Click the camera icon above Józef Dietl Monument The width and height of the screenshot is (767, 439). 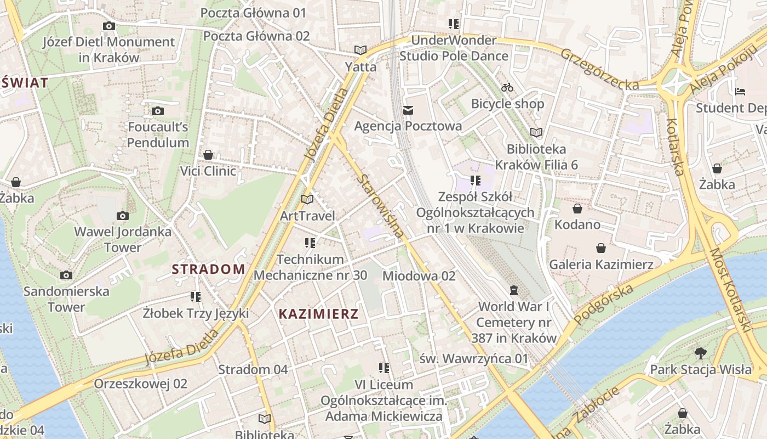click(x=108, y=26)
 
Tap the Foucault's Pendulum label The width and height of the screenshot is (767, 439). click(x=158, y=135)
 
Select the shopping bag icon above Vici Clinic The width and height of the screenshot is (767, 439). click(x=208, y=155)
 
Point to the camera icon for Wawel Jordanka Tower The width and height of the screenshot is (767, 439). click(x=123, y=216)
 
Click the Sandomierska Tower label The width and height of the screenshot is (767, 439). click(x=66, y=299)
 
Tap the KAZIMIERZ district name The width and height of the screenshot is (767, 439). click(x=318, y=314)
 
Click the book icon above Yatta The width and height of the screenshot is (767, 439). click(x=360, y=50)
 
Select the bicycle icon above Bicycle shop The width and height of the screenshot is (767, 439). click(x=507, y=87)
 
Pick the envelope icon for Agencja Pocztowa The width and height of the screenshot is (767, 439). click(x=408, y=110)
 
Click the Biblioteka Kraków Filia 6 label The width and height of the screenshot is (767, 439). click(x=536, y=156)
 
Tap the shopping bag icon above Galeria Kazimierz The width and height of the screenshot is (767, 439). click(x=601, y=248)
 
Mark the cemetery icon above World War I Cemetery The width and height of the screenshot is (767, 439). click(x=513, y=290)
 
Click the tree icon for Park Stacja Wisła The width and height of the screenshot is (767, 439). click(x=700, y=353)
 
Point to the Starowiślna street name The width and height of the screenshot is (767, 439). click(x=382, y=206)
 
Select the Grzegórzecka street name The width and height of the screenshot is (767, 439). click(x=599, y=69)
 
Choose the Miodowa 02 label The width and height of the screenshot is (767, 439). click(x=419, y=275)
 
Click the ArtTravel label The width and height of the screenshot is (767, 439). click(x=307, y=216)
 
